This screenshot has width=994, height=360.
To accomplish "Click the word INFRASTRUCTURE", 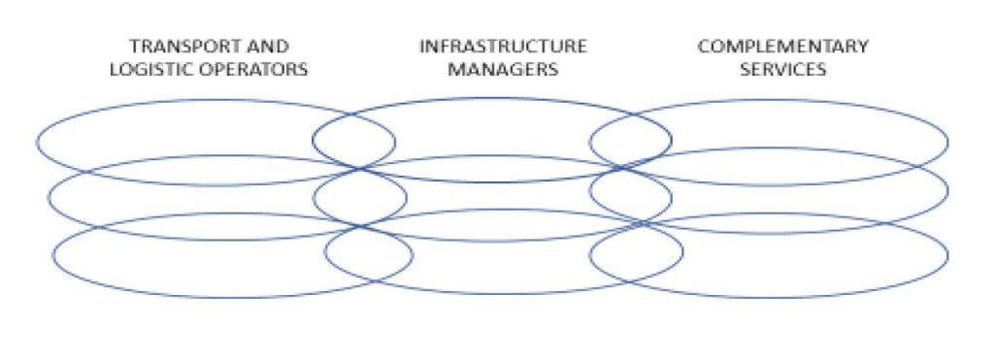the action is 503,47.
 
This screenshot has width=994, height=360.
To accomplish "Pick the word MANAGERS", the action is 503,69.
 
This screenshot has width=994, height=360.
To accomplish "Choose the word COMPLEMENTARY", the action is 782,47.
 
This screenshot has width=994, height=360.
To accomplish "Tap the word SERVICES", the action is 782,69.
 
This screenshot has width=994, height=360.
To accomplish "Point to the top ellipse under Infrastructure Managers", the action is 491,116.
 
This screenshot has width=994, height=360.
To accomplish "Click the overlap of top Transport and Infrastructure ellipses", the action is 353,141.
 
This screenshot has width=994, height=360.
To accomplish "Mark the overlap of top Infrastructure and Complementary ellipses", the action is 630,141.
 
